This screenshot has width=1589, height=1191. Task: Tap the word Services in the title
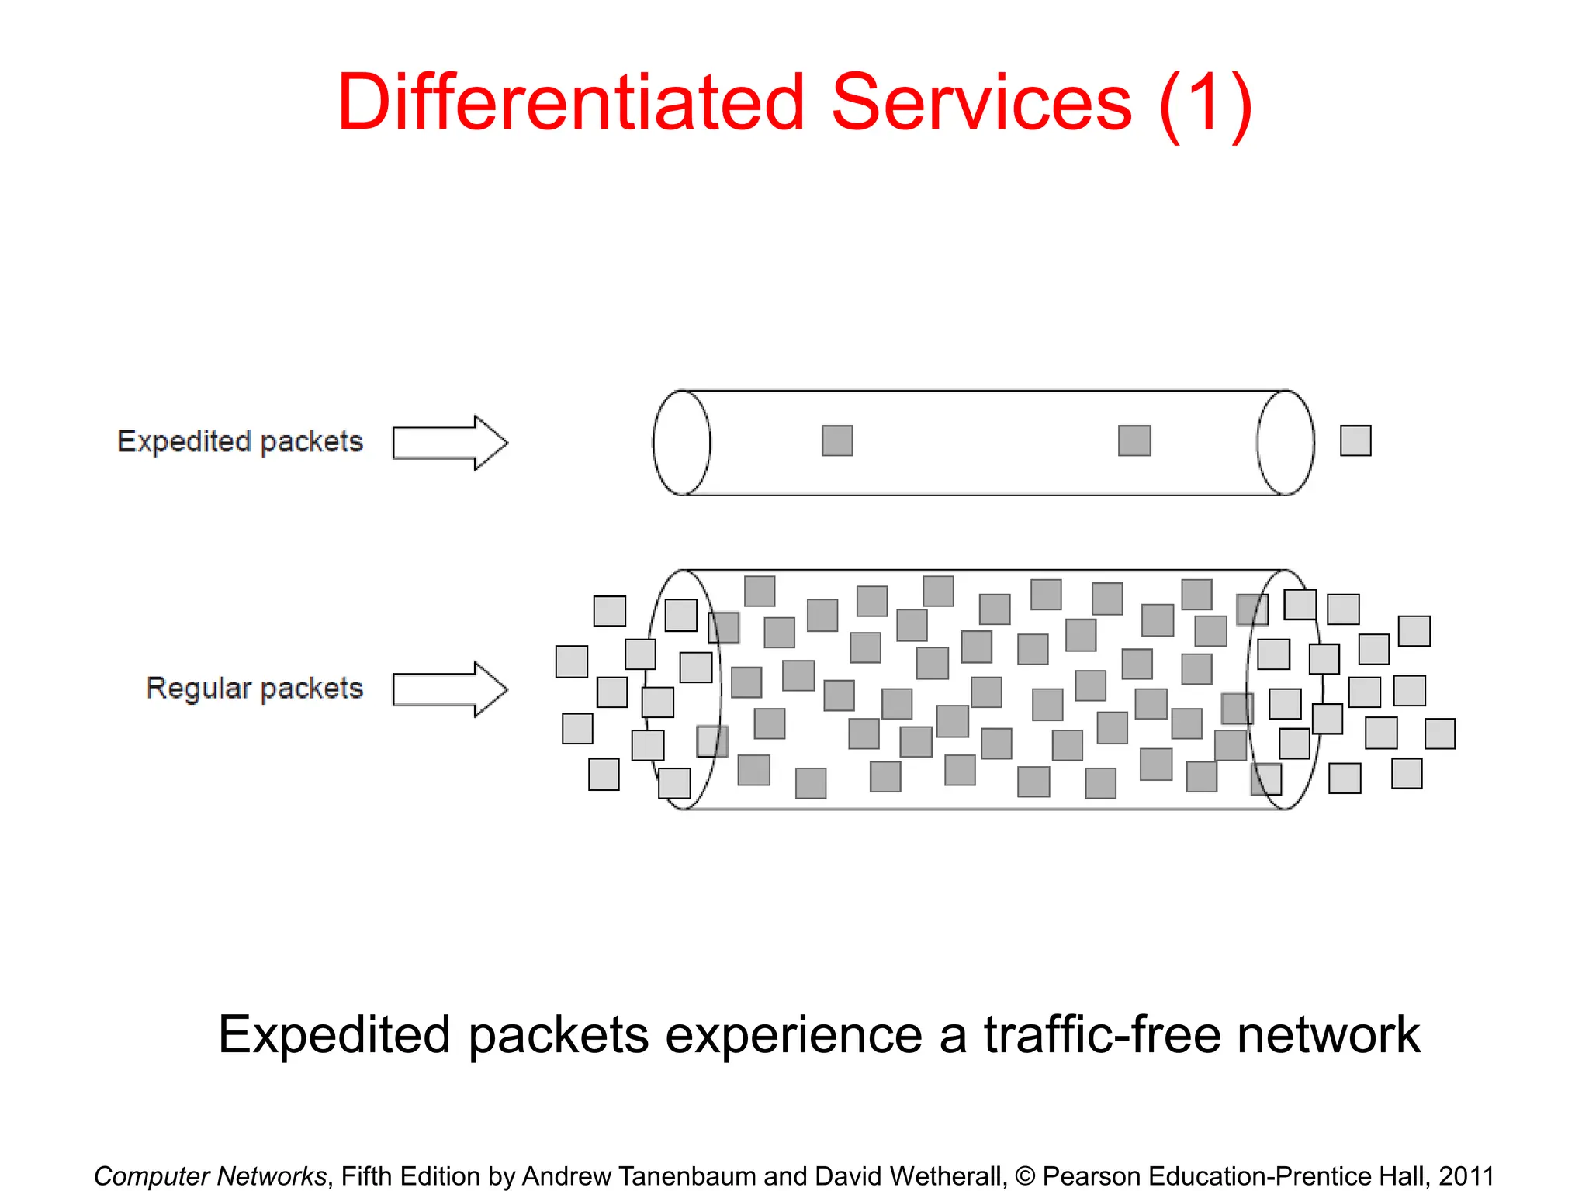click(x=981, y=102)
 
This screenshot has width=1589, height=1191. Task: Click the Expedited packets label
click(x=240, y=441)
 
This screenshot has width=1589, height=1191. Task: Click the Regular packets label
click(x=254, y=688)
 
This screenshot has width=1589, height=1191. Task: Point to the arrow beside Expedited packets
click(x=450, y=443)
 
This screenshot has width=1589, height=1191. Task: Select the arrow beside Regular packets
click(x=450, y=689)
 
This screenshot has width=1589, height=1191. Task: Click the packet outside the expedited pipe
click(x=1355, y=440)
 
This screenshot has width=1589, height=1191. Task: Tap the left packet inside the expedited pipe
click(x=837, y=440)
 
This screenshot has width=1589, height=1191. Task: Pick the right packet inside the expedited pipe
click(x=1134, y=440)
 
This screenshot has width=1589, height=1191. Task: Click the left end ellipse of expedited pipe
click(x=681, y=443)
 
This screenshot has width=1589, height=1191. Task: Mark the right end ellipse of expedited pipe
click(x=1286, y=443)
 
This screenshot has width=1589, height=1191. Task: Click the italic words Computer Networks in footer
click(x=210, y=1175)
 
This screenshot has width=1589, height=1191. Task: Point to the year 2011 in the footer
click(x=1466, y=1175)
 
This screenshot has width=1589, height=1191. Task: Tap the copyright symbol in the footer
click(x=1025, y=1175)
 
